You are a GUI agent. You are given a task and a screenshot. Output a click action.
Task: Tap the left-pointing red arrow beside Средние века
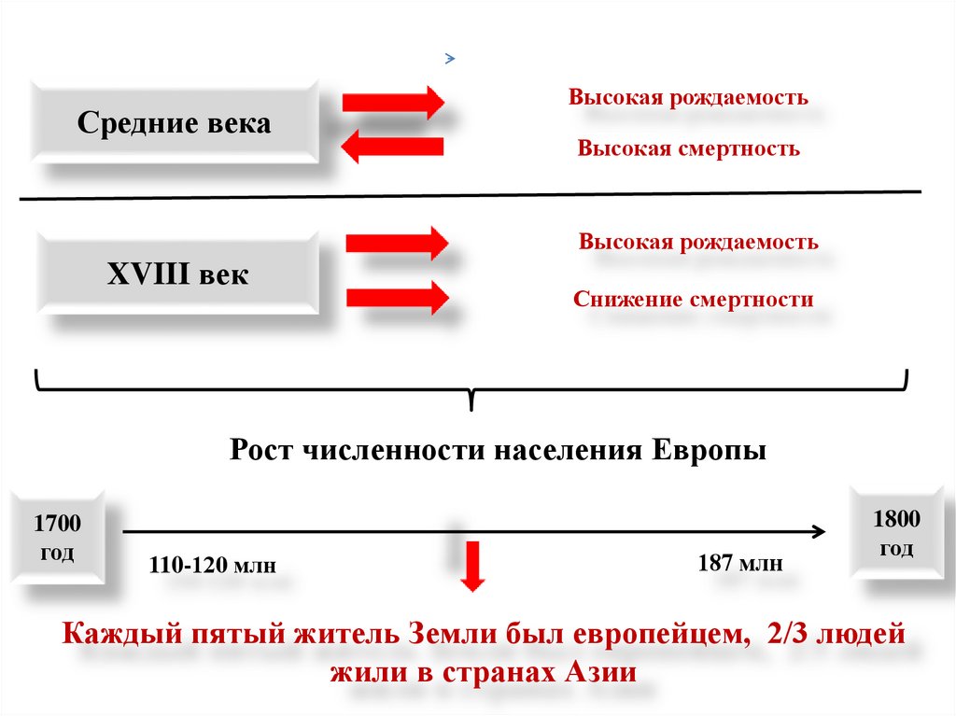pyautogui.click(x=391, y=147)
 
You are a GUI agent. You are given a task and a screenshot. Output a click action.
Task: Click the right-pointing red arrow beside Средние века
pyautogui.click(x=392, y=101)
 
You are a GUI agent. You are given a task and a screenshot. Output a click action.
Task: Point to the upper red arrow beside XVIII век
pyautogui.click(x=397, y=244)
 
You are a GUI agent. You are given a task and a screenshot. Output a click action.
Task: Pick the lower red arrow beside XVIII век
pyautogui.click(x=397, y=299)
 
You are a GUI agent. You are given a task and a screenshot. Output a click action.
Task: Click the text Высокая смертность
pyautogui.click(x=688, y=148)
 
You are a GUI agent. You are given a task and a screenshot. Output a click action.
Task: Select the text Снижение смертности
pyautogui.click(x=694, y=300)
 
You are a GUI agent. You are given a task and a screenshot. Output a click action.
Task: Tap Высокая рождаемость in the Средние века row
pyautogui.click(x=688, y=97)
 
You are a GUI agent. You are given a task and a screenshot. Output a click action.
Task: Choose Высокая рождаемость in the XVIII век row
pyautogui.click(x=698, y=242)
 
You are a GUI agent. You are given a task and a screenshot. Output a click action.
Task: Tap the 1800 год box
pyautogui.click(x=895, y=534)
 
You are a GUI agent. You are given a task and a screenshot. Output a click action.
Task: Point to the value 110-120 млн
pyautogui.click(x=213, y=565)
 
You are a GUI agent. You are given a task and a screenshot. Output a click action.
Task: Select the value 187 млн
pyautogui.click(x=739, y=563)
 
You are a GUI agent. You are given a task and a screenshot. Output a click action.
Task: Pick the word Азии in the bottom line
pyautogui.click(x=601, y=673)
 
